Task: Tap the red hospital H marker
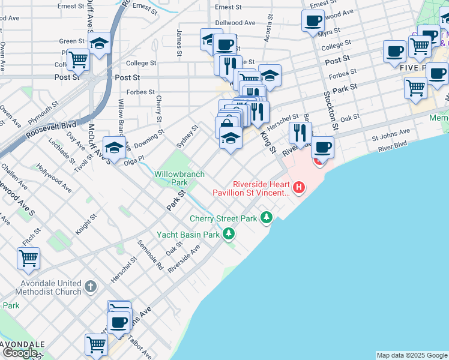[x=298, y=188]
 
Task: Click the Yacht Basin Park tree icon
[x=228, y=235]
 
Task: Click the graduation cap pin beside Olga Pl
[x=114, y=147]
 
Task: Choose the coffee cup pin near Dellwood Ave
[x=313, y=21]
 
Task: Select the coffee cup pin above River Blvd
[x=322, y=146]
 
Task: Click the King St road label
[x=267, y=142]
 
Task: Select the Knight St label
[x=84, y=225]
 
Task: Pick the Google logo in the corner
[x=20, y=353]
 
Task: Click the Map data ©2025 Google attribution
[x=412, y=355]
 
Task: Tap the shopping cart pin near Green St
[x=78, y=59]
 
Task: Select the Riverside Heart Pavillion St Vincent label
[x=251, y=188]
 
